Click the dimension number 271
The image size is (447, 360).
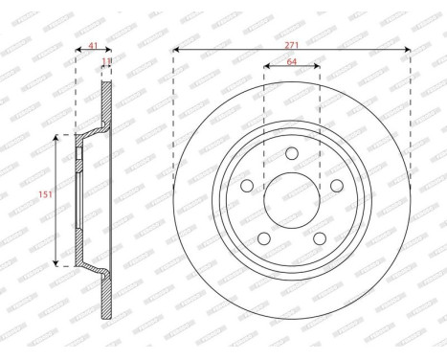292,42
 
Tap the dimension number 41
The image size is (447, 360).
93,43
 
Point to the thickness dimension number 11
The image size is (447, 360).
106,60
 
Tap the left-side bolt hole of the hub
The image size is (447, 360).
246,186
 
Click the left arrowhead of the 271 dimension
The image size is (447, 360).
176,50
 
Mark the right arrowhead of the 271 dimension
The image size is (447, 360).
409,50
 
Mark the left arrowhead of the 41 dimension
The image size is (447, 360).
77,51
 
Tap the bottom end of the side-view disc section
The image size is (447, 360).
106,319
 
